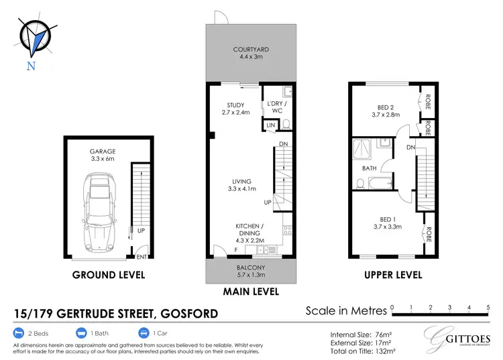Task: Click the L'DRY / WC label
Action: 276,107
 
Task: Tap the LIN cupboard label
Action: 270,125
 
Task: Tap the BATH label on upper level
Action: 369,168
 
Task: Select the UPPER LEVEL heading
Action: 392,275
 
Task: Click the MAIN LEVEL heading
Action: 251,292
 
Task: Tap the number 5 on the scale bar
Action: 488,307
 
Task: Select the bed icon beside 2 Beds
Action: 18,333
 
